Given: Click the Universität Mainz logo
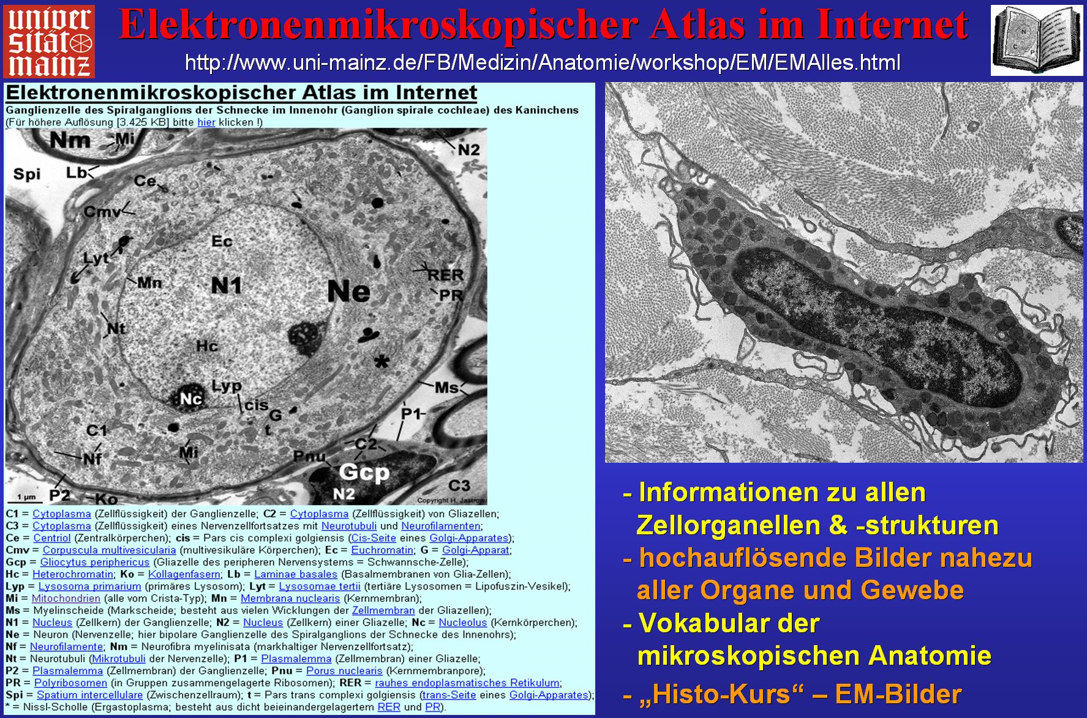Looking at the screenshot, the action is [x=49, y=42].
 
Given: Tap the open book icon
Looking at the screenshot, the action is [x=1036, y=40].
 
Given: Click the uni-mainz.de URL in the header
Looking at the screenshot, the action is [x=543, y=62].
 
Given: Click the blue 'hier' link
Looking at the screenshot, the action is [x=206, y=122].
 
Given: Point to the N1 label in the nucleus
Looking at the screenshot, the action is [x=227, y=285].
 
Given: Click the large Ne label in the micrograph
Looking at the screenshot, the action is [x=348, y=291].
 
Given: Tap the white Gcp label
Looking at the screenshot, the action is [x=364, y=472].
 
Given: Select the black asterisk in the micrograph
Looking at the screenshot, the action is [x=382, y=361].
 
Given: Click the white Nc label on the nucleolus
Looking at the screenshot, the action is [x=191, y=399].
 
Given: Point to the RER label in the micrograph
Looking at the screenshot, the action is [x=445, y=275].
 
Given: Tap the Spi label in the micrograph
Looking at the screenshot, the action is [x=27, y=174].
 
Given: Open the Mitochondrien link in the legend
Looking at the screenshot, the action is [x=66, y=598].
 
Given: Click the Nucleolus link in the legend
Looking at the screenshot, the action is [x=463, y=623].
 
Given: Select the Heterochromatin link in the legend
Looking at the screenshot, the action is [x=73, y=574].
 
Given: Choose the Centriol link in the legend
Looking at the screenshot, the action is [x=52, y=538].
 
